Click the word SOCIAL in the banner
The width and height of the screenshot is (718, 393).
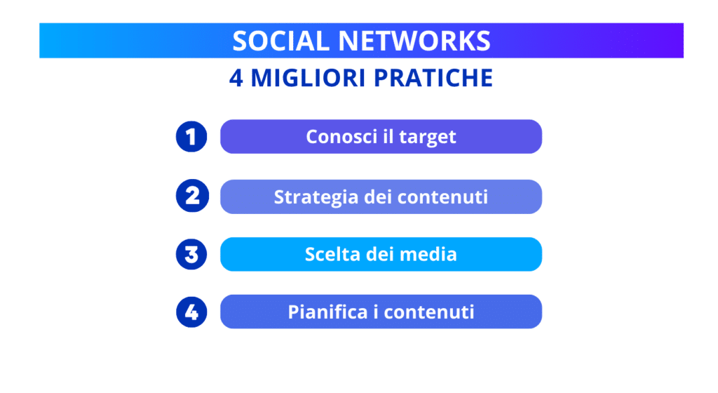pyautogui.click(x=270, y=41)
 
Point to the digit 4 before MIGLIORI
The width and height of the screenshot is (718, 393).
pyautogui.click(x=236, y=78)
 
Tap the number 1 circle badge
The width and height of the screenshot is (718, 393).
pyautogui.click(x=191, y=136)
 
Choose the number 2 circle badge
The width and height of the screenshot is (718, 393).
pyautogui.click(x=191, y=196)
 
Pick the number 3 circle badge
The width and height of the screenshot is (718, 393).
pyautogui.click(x=191, y=253)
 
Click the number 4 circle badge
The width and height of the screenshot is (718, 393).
pyautogui.click(x=191, y=312)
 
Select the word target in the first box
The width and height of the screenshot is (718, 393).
pyautogui.click(x=428, y=138)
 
